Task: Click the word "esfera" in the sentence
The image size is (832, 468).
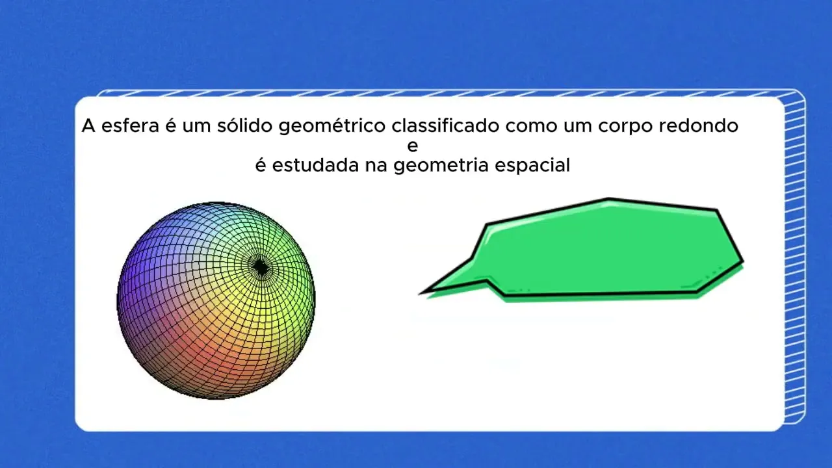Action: coord(131,125)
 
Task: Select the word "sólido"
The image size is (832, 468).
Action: coord(245,125)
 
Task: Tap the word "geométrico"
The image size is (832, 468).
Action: coord(332,127)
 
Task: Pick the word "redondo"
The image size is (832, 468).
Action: coord(698,125)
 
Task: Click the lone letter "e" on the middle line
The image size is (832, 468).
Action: coord(413,146)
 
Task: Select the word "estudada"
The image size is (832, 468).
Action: coord(315,165)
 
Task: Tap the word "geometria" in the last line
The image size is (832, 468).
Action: coord(441,166)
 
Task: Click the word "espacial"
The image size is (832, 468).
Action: coord(532,166)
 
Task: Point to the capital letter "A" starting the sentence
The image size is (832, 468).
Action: coord(88,125)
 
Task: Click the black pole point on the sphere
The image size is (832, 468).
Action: coord(261,266)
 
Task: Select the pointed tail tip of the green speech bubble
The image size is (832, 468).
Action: coord(420,294)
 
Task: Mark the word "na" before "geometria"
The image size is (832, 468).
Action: coord(376,166)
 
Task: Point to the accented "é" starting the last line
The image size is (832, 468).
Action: coord(261,165)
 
